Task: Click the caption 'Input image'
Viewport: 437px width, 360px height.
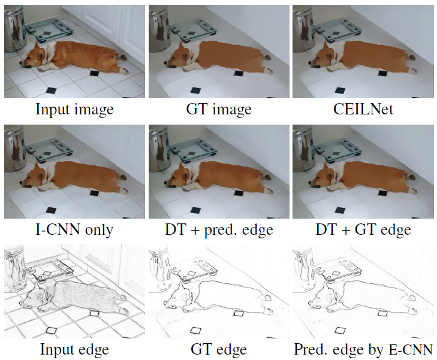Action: click(74, 109)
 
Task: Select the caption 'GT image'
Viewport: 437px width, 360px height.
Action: click(218, 109)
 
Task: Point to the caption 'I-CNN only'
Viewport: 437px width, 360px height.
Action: click(74, 229)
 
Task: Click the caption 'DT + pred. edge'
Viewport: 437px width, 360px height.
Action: click(218, 229)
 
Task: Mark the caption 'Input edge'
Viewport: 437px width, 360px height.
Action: click(74, 349)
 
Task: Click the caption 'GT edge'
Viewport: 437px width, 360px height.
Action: click(218, 349)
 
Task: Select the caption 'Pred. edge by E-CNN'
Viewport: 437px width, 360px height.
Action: click(363, 349)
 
